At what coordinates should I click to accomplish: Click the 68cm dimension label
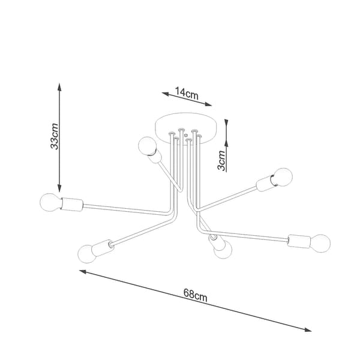tap(196, 295)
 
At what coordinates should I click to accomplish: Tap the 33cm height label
tap(55, 137)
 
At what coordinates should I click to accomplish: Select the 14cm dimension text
tap(187, 93)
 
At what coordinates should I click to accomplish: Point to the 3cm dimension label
tap(221, 160)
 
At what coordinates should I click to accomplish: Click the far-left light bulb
tap(50, 202)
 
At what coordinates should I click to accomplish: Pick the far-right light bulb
tap(320, 243)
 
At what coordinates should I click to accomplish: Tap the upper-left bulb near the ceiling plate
tap(148, 146)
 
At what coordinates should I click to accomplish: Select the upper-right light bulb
tap(283, 177)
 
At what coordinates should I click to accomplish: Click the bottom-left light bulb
tap(87, 254)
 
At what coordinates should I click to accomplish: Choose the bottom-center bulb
tap(223, 250)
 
